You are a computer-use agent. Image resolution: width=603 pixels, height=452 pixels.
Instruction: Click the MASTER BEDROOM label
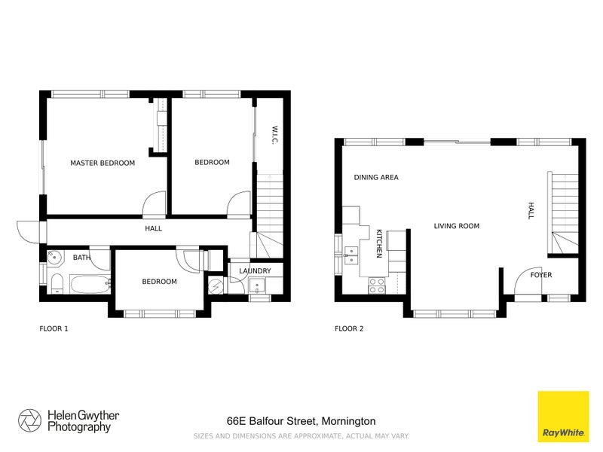coord(103,163)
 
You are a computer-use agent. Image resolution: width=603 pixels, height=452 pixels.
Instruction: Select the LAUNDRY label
coord(255,271)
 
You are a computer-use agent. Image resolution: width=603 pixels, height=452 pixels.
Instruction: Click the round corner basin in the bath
coord(54,258)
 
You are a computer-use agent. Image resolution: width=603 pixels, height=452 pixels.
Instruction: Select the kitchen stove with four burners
coord(376,285)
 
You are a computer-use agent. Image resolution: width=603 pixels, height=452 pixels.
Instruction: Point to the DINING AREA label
coord(376,178)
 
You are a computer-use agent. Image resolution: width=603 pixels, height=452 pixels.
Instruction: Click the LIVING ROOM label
coord(456,226)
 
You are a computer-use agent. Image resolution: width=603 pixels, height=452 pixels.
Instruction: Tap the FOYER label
coord(540,275)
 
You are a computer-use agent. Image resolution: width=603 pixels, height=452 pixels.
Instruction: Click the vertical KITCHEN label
coord(379,243)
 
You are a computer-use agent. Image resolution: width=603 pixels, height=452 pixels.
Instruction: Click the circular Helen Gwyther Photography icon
coord(30,420)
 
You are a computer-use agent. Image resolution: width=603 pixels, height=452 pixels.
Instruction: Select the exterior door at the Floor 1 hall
coord(28,230)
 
